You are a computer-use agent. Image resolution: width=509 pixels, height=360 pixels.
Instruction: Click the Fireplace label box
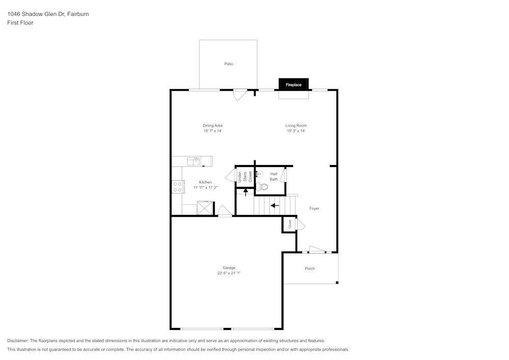coord(294,85)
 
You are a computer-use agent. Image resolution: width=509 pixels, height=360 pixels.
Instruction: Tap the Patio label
coord(229,64)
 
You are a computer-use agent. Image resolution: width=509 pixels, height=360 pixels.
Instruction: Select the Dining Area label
coord(212,126)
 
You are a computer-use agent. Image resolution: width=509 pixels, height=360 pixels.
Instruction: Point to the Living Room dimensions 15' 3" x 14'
coord(296,131)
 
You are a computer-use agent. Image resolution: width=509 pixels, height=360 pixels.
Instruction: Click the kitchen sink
coord(193,161)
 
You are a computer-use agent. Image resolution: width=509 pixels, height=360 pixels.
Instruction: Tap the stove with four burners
coord(178,187)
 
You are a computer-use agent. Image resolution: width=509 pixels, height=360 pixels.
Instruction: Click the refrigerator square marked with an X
coord(204,208)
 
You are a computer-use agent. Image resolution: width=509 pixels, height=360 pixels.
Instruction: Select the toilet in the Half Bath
coord(262,186)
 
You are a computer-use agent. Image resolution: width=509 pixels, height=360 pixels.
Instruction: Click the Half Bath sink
coord(258,174)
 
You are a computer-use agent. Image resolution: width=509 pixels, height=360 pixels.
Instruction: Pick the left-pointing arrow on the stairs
coord(275,206)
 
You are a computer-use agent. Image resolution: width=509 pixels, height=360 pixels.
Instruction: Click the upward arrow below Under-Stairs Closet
coord(246,191)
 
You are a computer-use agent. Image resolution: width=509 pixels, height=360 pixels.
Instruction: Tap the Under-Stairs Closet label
coord(245,177)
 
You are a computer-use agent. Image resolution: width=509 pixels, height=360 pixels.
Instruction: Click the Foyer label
coord(315,208)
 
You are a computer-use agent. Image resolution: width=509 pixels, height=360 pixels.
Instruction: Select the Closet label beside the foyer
coord(289,224)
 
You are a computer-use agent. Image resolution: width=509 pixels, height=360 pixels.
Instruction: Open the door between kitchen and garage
coord(224,211)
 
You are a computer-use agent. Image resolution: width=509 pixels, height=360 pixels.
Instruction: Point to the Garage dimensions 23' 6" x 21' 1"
coord(229,273)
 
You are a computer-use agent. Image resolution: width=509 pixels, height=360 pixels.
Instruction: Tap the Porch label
coord(310,268)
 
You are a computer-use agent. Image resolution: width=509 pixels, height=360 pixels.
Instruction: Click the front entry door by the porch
coord(316,250)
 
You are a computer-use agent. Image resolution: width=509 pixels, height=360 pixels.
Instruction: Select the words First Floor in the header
coord(20,23)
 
